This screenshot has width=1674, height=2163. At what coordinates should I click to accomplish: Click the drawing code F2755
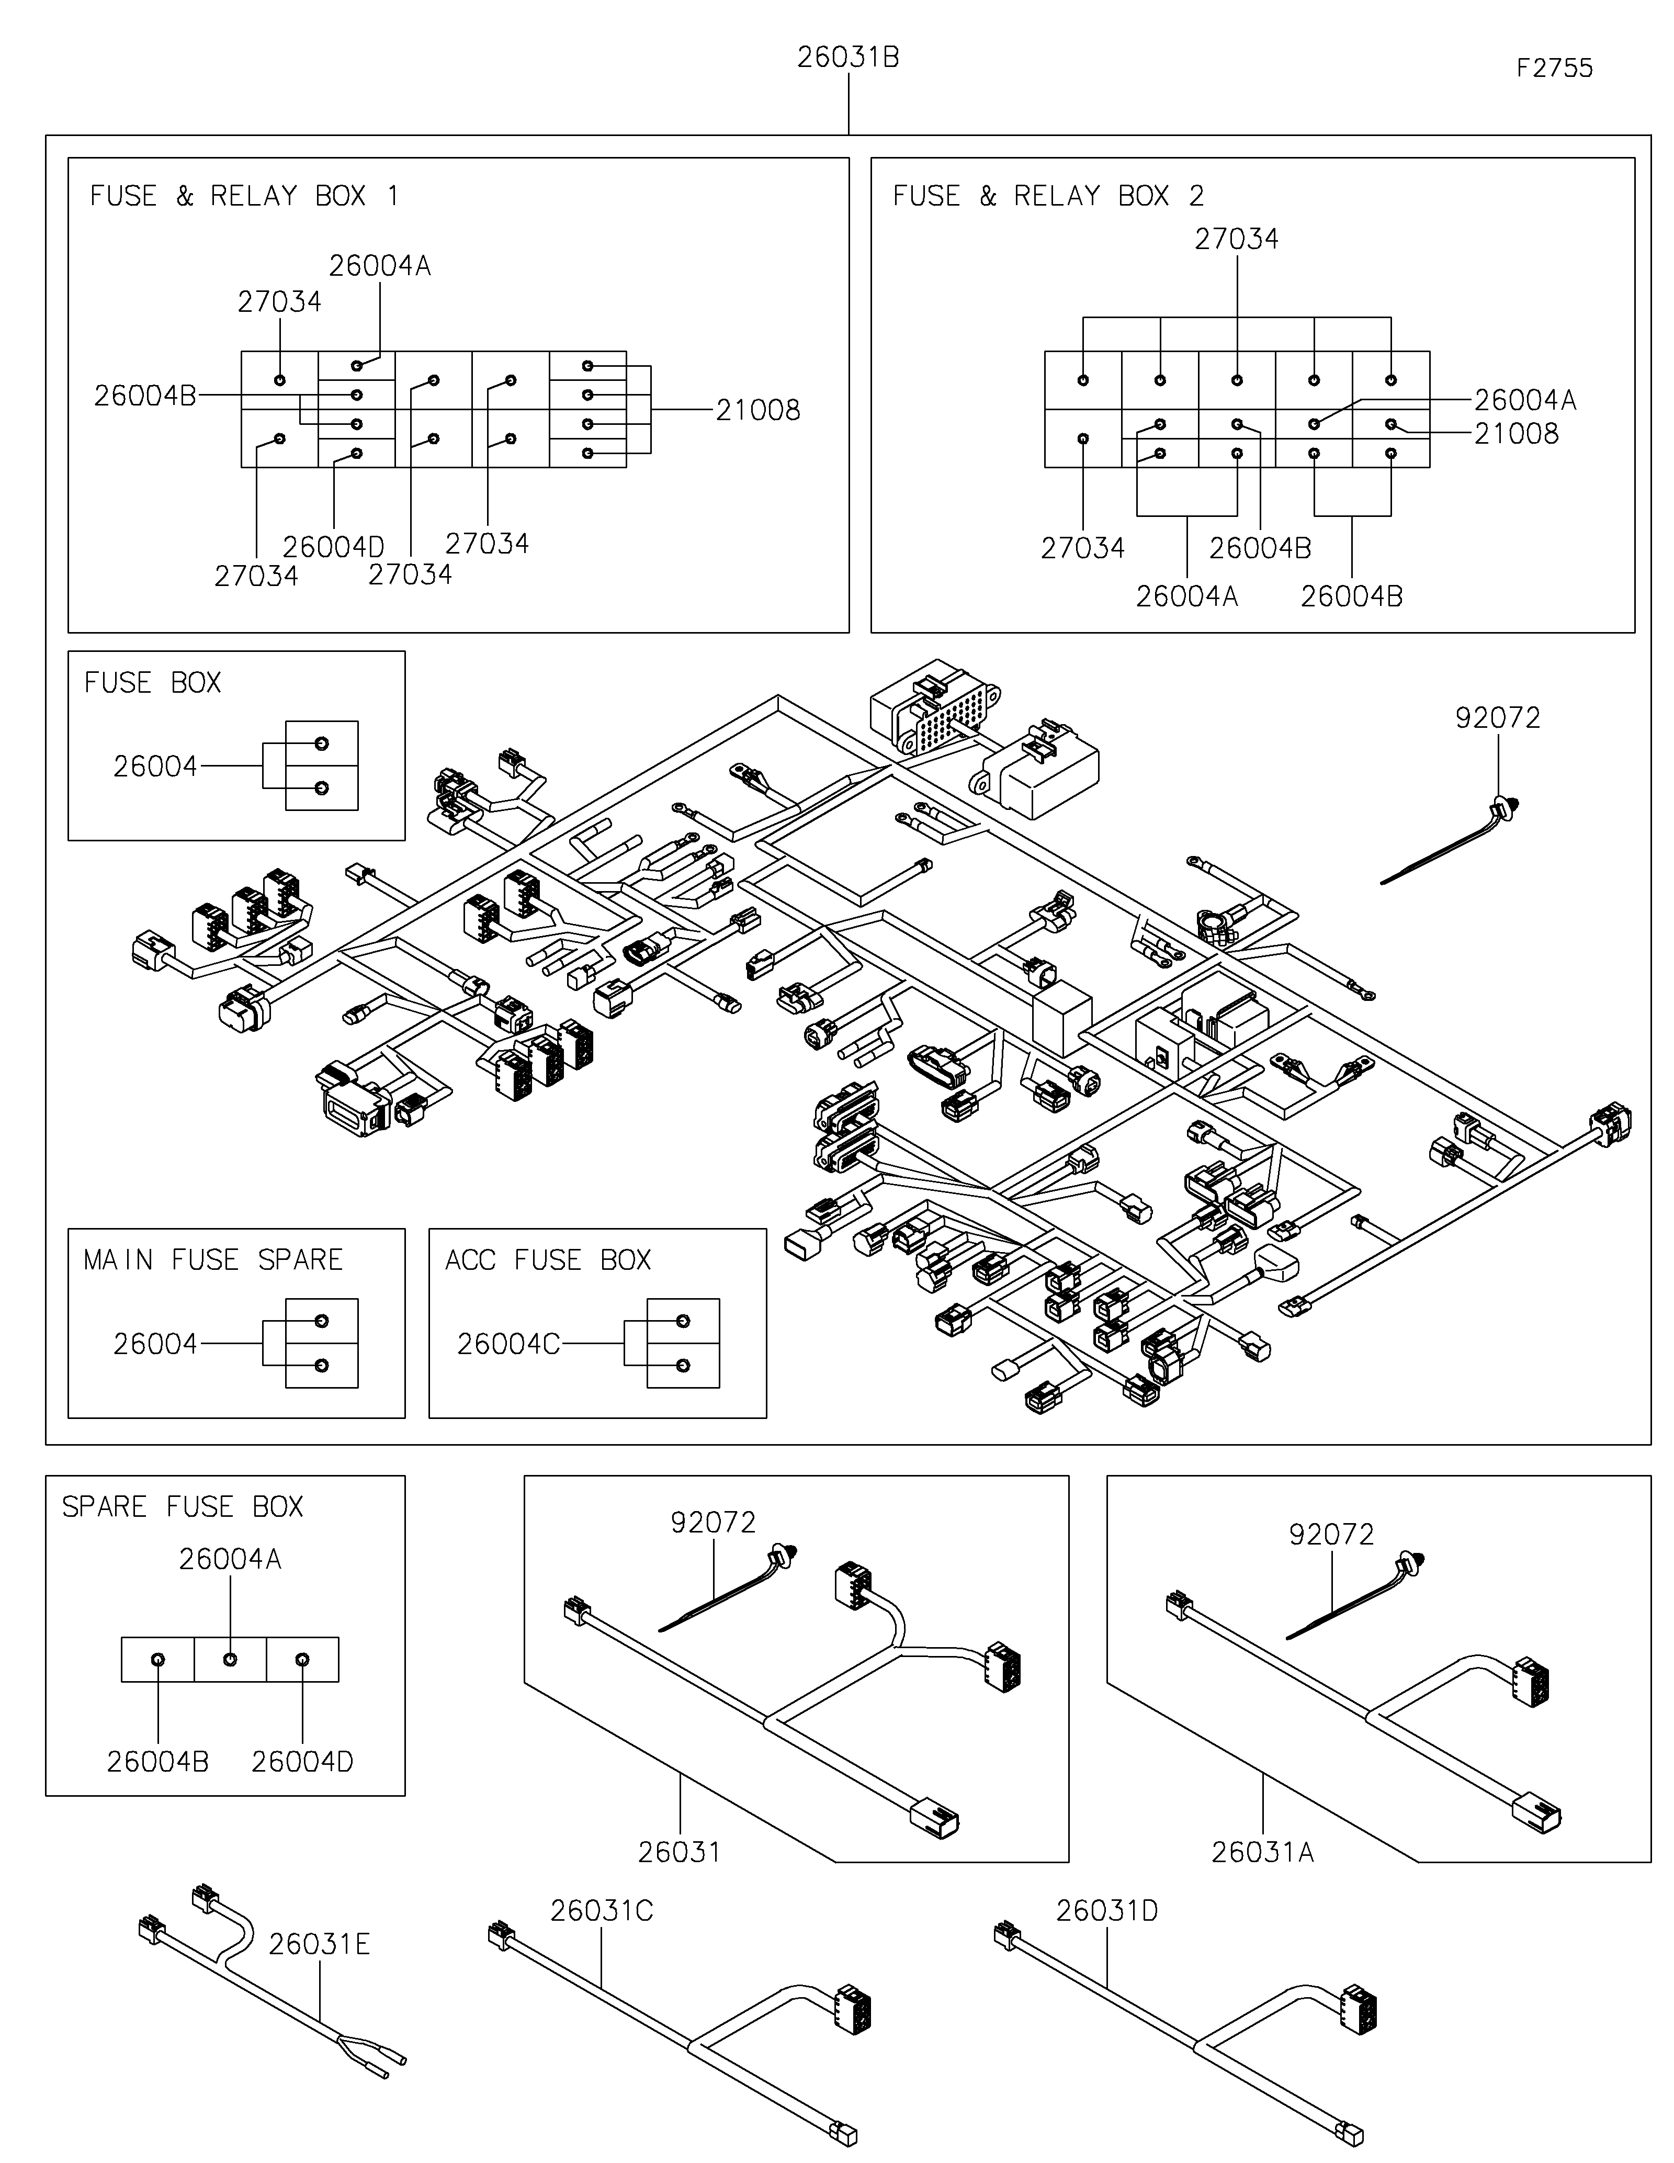click(x=1554, y=69)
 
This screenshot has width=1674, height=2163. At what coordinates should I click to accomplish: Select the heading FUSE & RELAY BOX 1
click(x=244, y=196)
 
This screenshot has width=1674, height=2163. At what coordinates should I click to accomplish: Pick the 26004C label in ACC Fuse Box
click(x=508, y=1344)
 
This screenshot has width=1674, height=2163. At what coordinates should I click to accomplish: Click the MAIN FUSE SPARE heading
click(x=213, y=1260)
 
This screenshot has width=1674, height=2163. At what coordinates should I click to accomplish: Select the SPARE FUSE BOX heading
click(x=182, y=1506)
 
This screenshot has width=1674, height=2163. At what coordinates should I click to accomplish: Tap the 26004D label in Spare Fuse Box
click(x=302, y=1762)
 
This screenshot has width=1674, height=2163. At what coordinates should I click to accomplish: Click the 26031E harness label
click(x=319, y=1944)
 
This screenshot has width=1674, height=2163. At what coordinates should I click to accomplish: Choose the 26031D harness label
click(x=1107, y=1910)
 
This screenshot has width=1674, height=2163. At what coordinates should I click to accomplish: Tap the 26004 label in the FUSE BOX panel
click(x=155, y=767)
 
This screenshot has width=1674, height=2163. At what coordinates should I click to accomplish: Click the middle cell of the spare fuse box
click(x=230, y=1659)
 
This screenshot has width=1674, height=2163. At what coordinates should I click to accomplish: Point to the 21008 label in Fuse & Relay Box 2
click(x=1515, y=434)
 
